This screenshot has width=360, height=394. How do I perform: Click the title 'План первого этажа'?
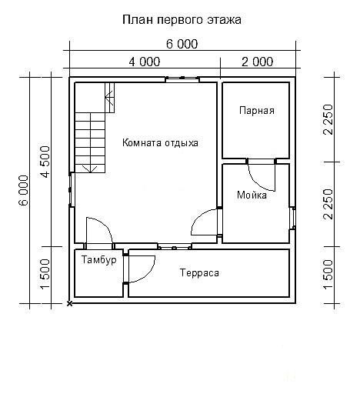(x=182, y=20)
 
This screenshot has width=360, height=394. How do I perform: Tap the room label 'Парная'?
(x=257, y=111)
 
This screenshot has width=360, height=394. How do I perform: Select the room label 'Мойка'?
(x=252, y=195)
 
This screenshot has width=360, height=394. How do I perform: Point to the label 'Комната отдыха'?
(x=160, y=143)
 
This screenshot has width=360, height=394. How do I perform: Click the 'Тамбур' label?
(x=99, y=260)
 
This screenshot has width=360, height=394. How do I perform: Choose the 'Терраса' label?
(x=199, y=272)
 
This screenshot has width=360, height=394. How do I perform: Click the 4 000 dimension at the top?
(x=145, y=62)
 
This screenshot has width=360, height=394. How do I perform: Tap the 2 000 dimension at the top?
(x=258, y=62)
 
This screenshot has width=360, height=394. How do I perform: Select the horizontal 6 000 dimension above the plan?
(x=182, y=44)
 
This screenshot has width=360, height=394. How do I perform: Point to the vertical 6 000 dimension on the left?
(x=24, y=190)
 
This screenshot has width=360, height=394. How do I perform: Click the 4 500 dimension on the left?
(x=45, y=162)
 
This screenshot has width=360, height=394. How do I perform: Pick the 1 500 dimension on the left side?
(x=45, y=274)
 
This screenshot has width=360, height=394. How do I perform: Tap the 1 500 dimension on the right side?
(x=328, y=274)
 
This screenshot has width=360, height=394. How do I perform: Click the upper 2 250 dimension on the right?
(x=328, y=119)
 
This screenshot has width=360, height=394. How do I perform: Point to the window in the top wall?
(x=182, y=79)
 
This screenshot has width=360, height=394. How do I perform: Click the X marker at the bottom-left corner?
(x=69, y=304)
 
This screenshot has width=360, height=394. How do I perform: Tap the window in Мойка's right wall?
(x=293, y=218)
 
